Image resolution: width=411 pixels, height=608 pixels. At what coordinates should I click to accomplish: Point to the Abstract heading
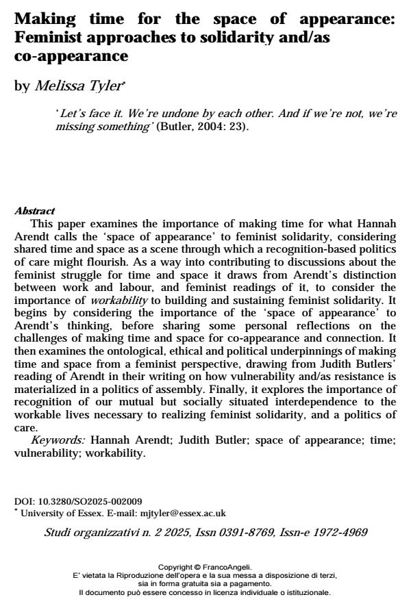pyautogui.click(x=34, y=211)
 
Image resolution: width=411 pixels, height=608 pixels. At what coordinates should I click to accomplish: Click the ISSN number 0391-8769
pyautogui.click(x=229, y=531)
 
